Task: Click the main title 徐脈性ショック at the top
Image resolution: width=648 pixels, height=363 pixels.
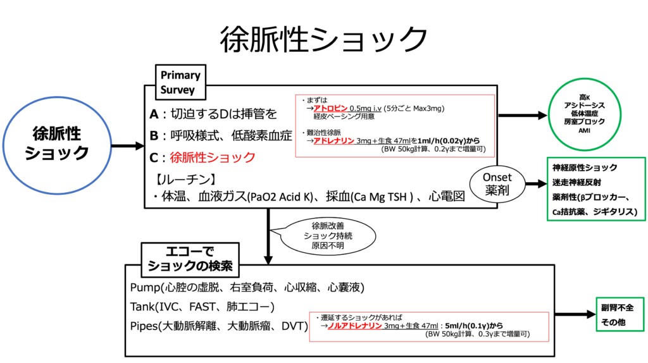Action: click(324, 39)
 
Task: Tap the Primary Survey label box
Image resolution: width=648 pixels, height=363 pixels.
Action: click(180, 82)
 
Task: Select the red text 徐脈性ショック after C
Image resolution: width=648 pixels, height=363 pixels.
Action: click(213, 157)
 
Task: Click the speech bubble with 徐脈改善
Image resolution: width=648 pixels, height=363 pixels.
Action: click(327, 235)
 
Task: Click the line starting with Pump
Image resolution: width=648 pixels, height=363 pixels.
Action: click(247, 288)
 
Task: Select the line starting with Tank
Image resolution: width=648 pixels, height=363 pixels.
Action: click(202, 307)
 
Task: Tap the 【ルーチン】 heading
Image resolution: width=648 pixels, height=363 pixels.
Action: click(178, 178)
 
